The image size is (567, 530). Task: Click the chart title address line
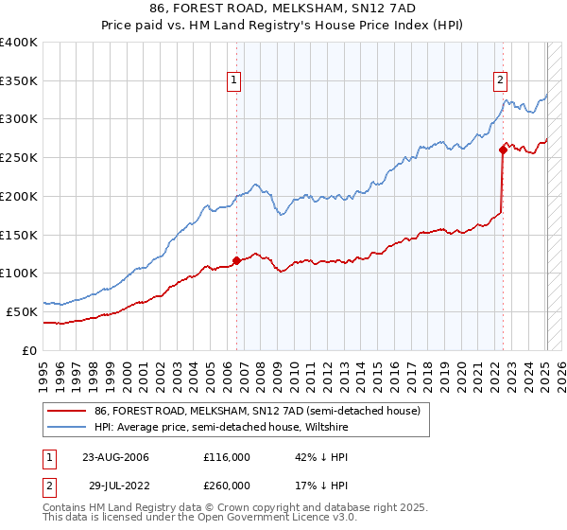(x=283, y=9)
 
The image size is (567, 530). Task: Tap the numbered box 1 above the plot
(x=233, y=80)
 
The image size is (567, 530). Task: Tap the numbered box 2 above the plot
(x=500, y=80)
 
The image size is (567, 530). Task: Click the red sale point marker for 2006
(x=236, y=261)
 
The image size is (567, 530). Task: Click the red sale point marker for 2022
(x=503, y=150)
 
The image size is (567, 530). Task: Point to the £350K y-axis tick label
(x=19, y=80)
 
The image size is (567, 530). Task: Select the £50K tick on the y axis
(x=23, y=311)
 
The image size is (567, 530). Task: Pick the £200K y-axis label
(x=19, y=196)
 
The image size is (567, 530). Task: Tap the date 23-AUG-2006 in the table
(x=116, y=457)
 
